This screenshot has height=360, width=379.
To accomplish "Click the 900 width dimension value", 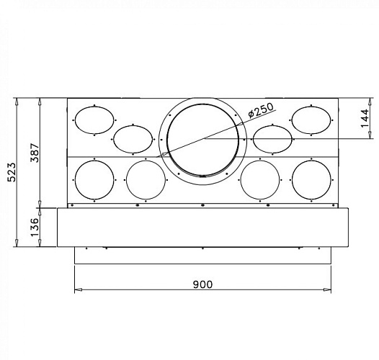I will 202,284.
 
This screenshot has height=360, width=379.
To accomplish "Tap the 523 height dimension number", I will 11,171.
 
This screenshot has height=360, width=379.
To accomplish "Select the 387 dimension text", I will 34,153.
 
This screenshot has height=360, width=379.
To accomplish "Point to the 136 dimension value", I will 34,226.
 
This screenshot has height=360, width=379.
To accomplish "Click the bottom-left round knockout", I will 94,180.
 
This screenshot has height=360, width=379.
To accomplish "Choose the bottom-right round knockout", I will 311,180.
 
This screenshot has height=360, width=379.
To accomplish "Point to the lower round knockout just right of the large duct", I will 259,180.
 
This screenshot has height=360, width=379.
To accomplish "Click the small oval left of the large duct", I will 131,138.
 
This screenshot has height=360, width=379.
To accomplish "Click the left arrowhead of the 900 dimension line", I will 77,291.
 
